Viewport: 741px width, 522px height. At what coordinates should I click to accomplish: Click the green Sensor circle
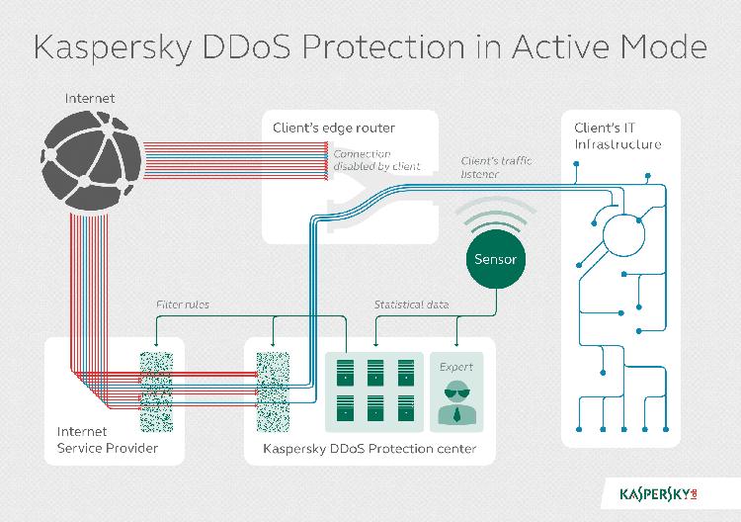[495, 259]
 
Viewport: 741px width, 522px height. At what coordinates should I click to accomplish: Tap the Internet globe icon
[91, 161]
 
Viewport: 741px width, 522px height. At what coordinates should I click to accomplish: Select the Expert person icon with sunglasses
[456, 405]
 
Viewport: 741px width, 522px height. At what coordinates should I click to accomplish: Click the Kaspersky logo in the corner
[658, 494]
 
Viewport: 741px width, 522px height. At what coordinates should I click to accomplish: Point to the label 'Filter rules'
[183, 304]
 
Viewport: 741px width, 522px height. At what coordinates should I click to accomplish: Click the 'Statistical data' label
[411, 304]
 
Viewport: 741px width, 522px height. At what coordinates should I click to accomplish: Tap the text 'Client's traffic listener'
[496, 167]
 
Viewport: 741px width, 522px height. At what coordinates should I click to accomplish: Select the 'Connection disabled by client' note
[376, 160]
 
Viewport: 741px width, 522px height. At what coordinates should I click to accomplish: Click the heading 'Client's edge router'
[334, 128]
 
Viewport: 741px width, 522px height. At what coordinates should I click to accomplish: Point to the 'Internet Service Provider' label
[108, 440]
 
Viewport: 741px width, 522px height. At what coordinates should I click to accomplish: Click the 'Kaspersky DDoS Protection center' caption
[370, 448]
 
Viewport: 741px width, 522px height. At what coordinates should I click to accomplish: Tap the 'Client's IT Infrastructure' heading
[617, 135]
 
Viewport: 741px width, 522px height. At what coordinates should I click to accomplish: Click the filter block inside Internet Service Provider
[156, 391]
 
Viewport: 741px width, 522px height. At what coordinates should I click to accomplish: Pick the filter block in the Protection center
[273, 391]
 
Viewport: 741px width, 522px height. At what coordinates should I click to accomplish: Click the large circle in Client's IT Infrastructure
[623, 235]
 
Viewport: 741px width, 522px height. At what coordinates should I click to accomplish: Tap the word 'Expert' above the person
[456, 367]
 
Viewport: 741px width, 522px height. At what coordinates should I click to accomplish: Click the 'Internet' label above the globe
[90, 98]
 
